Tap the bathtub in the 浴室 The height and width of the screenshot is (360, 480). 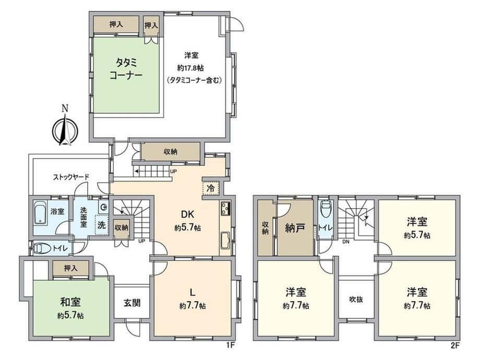pos(40,213)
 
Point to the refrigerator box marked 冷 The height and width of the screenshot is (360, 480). pos(211,188)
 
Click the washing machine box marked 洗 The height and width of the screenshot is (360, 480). pos(102,225)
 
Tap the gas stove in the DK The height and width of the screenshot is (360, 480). pos(225,208)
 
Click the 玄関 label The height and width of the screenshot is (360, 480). pos(132,303)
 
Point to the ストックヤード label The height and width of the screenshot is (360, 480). pos(71,177)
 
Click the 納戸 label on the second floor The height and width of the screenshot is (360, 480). pos(295,228)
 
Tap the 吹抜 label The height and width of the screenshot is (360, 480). pos(356,299)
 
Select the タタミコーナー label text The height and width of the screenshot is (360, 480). pos(126,69)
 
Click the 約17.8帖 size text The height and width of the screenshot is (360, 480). pos(190,68)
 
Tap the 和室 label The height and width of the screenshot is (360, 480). pos(70,302)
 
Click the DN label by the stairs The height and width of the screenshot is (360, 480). pos(345,242)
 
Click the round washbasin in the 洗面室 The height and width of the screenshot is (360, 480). pos(104,207)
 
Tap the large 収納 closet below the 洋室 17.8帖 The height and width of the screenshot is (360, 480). pos(170,151)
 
